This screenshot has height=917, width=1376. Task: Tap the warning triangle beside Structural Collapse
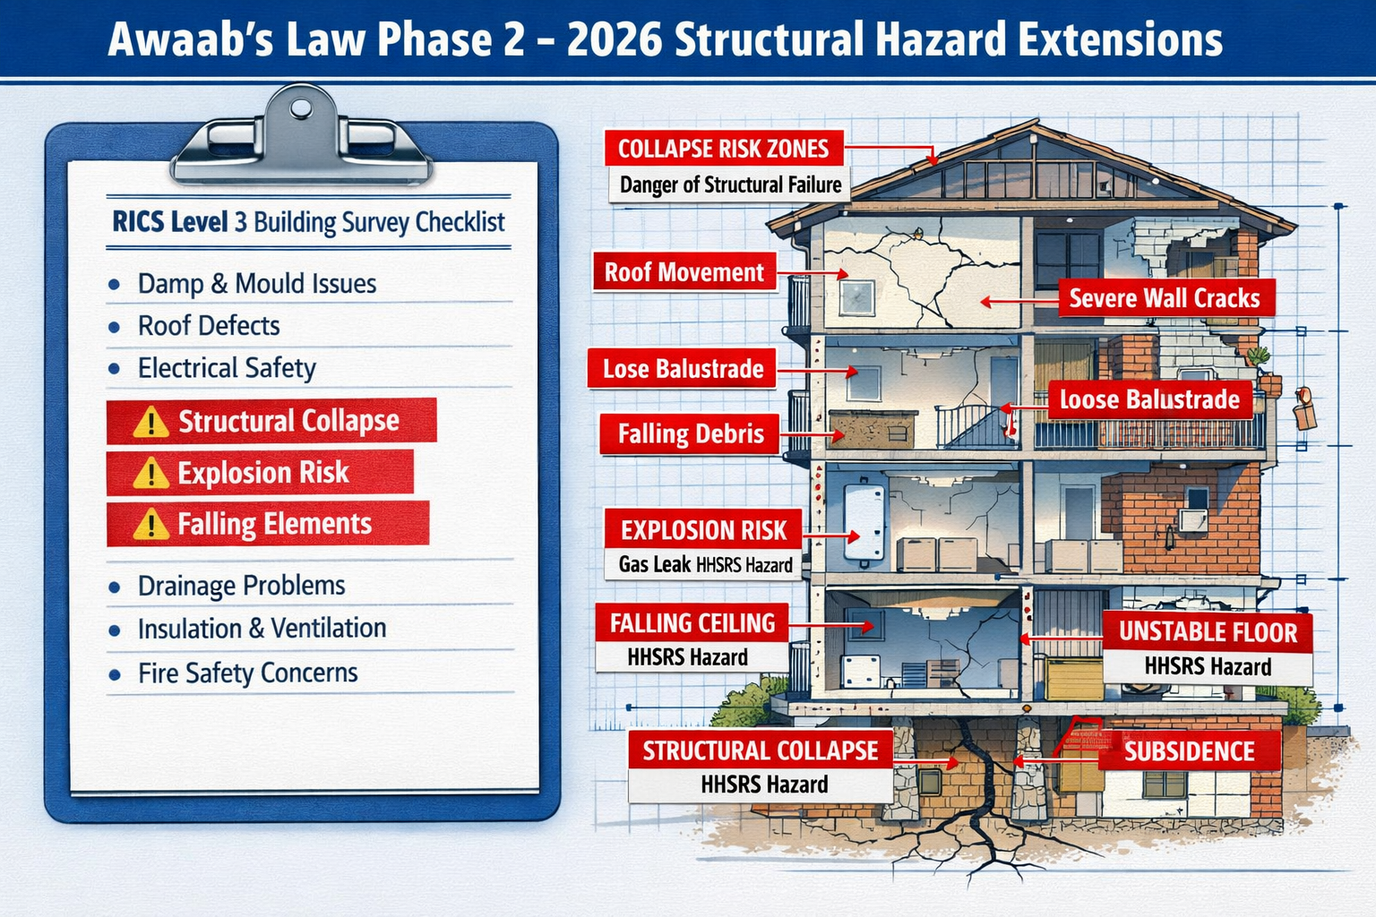click(x=150, y=422)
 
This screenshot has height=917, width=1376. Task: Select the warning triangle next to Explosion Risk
click(x=150, y=474)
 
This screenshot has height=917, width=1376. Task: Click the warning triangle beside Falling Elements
click(x=150, y=525)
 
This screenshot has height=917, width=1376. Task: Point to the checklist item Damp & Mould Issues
click(x=256, y=284)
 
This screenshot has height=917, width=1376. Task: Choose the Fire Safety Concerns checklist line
click(x=247, y=673)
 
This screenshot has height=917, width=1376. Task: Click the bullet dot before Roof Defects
click(x=114, y=327)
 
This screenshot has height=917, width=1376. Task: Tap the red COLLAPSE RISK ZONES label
click(x=723, y=149)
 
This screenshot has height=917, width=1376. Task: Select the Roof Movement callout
click(x=684, y=272)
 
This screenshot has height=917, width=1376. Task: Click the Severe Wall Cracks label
click(x=1164, y=298)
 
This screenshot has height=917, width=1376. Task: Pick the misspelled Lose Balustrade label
click(x=683, y=369)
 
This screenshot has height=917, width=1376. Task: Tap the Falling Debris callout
click(x=690, y=434)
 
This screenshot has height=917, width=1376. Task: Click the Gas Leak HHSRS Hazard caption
click(x=705, y=565)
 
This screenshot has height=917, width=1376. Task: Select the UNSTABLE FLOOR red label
click(x=1207, y=632)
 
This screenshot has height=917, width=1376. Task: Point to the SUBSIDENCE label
click(x=1189, y=751)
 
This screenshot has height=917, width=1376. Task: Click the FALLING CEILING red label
click(x=692, y=623)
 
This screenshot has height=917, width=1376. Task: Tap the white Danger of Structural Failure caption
click(x=730, y=185)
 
